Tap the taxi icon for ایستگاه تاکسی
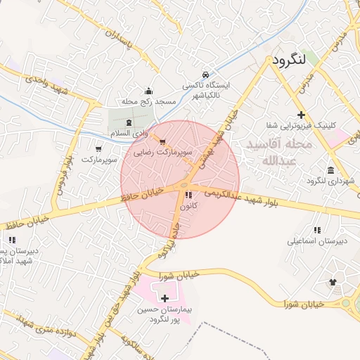click(x=205, y=74)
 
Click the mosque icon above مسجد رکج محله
click(x=148, y=91)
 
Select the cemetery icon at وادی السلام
click(x=118, y=123)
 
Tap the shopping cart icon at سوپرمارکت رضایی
click(x=163, y=141)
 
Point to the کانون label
click(x=188, y=206)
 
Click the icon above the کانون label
click(x=188, y=195)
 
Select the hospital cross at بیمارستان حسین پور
click(x=165, y=299)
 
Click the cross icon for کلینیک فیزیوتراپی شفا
click(x=301, y=115)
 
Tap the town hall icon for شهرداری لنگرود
click(x=330, y=170)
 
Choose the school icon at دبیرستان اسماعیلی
click(x=317, y=230)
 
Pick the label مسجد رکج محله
click(x=148, y=101)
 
